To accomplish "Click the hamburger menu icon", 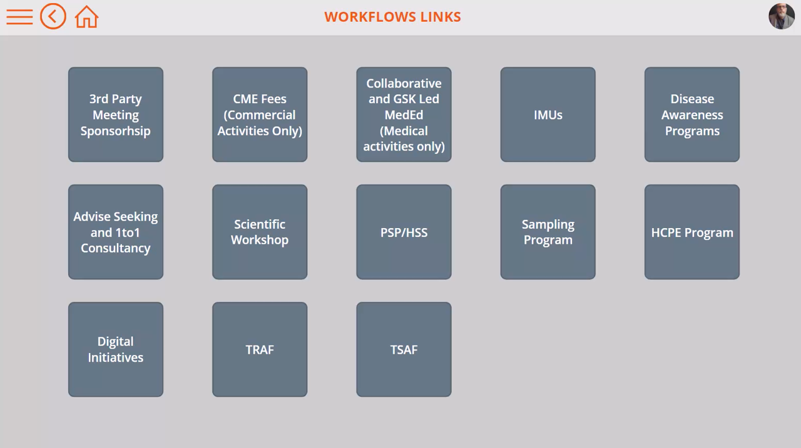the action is pyautogui.click(x=19, y=17).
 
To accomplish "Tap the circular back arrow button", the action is pyautogui.click(x=53, y=16).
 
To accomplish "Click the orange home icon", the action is pyautogui.click(x=86, y=17).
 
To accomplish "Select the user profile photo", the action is pyautogui.click(x=782, y=16).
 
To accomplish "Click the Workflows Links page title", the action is pyautogui.click(x=392, y=17).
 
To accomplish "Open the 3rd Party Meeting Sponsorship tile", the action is pyautogui.click(x=116, y=114).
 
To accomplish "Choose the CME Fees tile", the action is pyautogui.click(x=260, y=114).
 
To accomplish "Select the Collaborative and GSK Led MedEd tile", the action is pyautogui.click(x=404, y=114).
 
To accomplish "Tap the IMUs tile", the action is pyautogui.click(x=548, y=114).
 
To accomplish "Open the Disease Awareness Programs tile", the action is pyautogui.click(x=692, y=114).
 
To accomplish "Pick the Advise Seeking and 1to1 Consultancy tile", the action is pyautogui.click(x=116, y=232).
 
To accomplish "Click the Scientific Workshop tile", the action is pyautogui.click(x=260, y=232).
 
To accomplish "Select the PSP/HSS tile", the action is pyautogui.click(x=404, y=232).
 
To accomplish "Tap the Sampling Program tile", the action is pyautogui.click(x=548, y=232).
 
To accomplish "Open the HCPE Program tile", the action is pyautogui.click(x=692, y=232).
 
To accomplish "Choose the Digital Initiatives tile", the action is pyautogui.click(x=116, y=349).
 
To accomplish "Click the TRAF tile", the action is pyautogui.click(x=260, y=349).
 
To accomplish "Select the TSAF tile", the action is pyautogui.click(x=404, y=349).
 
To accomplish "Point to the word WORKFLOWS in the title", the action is pyautogui.click(x=370, y=17).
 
